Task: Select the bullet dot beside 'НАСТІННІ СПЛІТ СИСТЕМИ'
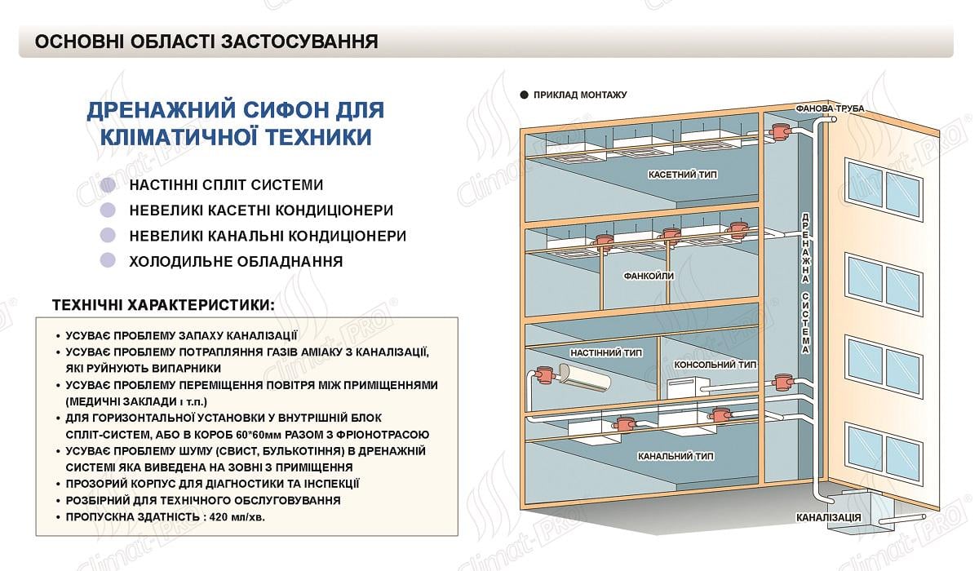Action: pyautogui.click(x=107, y=185)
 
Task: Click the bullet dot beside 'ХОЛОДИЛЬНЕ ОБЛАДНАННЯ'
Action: pyautogui.click(x=107, y=261)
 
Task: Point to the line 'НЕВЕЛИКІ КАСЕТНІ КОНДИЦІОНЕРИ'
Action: pyautogui.click(x=261, y=210)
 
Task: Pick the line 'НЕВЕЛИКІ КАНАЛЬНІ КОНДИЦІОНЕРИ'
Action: pyautogui.click(x=268, y=236)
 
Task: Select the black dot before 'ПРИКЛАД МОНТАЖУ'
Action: pyautogui.click(x=522, y=95)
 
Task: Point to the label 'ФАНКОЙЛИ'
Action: pyautogui.click(x=649, y=276)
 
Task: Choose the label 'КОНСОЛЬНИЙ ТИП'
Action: pyautogui.click(x=715, y=365)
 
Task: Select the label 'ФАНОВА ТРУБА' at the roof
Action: pyautogui.click(x=829, y=108)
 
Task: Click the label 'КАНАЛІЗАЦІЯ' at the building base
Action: pyautogui.click(x=829, y=518)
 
